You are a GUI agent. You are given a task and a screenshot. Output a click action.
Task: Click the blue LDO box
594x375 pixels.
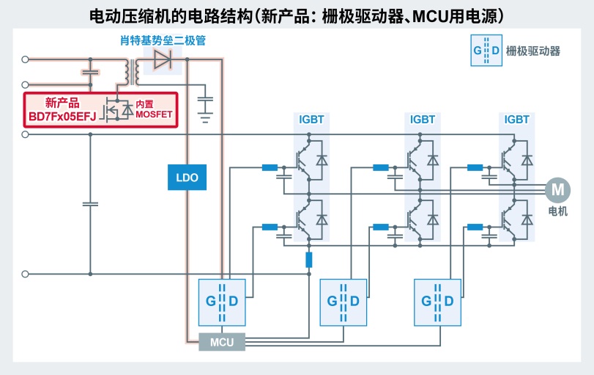[188, 177]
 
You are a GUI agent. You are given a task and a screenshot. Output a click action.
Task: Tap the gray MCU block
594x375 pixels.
[221, 342]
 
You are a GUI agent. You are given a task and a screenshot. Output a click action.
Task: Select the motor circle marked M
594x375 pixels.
[558, 189]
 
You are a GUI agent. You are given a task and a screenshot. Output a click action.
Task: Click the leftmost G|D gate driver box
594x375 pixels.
[221, 301]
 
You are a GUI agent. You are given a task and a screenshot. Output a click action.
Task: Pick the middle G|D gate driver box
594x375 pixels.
[344, 301]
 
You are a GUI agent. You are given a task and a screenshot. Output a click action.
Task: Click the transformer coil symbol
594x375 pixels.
[133, 70]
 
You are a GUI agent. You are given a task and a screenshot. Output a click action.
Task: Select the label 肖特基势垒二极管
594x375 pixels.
[163, 40]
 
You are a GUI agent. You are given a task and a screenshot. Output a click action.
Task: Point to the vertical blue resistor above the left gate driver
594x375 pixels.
[309, 259]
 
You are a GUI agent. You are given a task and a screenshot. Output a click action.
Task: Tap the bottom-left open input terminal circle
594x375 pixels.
[26, 274]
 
